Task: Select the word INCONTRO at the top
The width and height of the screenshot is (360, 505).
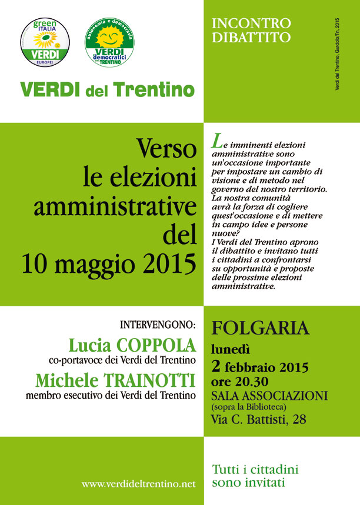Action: coord(251,24)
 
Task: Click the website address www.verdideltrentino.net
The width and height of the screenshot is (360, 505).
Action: coord(138,484)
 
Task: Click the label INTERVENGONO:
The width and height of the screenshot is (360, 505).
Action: coord(158,325)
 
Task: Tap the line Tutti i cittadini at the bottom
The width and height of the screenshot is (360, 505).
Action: coord(255,470)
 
